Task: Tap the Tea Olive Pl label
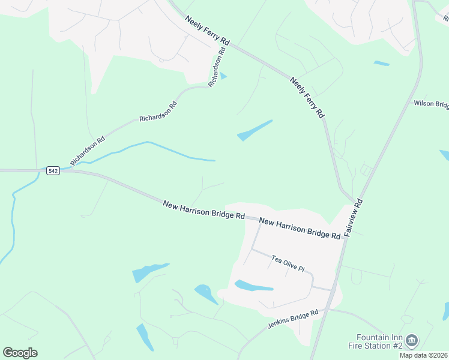coord(288,263)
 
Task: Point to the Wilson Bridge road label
coord(431,104)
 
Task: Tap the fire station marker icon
coord(412,341)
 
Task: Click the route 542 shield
coord(53,171)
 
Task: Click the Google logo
coord(20,353)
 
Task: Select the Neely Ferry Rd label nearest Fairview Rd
coord(307,97)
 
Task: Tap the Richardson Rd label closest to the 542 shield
coord(88,150)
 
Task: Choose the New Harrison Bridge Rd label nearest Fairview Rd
coord(300,229)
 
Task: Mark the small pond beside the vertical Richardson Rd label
coord(224,76)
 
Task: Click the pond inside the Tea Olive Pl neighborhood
coord(252,286)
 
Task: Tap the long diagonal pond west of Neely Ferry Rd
coord(255,130)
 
